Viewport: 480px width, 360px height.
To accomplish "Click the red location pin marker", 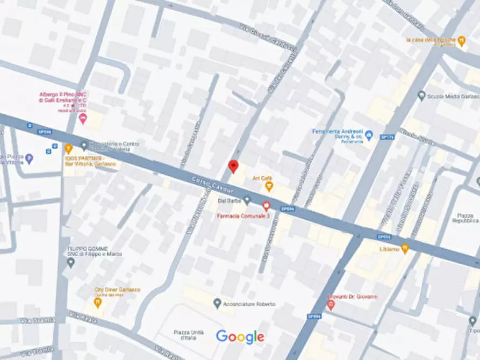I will point(233,166).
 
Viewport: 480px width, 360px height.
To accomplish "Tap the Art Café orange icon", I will point(269,186).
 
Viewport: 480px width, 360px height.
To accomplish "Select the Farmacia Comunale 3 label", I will point(243,215).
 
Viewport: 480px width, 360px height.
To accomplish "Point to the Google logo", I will point(240,337).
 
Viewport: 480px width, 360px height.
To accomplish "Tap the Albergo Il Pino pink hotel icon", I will point(82,118).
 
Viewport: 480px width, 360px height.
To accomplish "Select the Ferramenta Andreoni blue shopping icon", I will point(369,135).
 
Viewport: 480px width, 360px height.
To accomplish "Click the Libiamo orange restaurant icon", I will point(405,248).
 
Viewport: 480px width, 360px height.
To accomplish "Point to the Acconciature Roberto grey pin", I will point(217,304).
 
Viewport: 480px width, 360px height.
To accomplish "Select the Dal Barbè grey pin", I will point(247,200).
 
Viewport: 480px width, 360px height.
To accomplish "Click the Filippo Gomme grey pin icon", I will point(71,263).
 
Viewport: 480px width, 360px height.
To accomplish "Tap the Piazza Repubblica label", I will point(465,217).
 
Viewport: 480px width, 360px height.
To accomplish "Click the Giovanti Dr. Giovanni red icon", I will point(331,305).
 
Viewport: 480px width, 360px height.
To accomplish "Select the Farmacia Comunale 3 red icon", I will point(266,205).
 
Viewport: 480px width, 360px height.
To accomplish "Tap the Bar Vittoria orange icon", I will point(68,149).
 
